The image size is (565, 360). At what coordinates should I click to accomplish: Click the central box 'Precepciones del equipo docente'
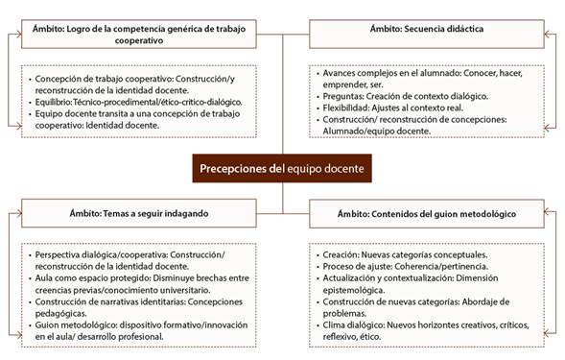(x=281, y=168)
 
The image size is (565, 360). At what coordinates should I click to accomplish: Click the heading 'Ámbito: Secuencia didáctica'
(x=426, y=30)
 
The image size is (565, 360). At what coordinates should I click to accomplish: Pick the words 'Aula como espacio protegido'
(x=92, y=282)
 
